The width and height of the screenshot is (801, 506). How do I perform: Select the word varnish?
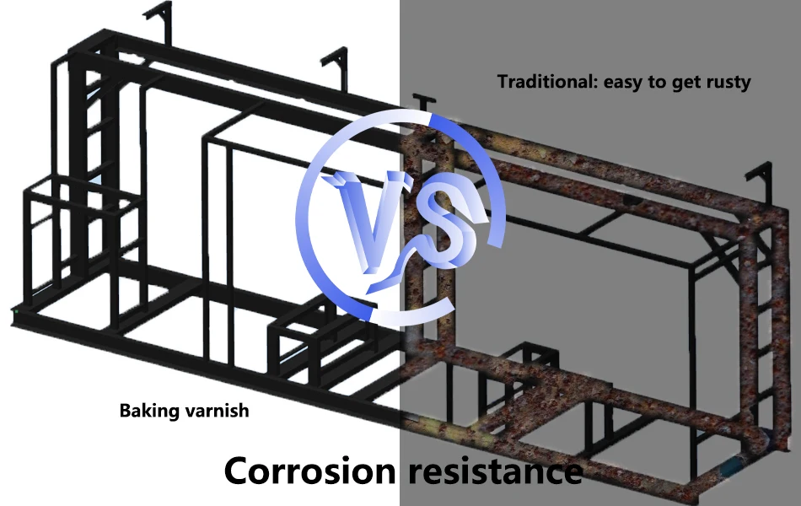tap(218, 412)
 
